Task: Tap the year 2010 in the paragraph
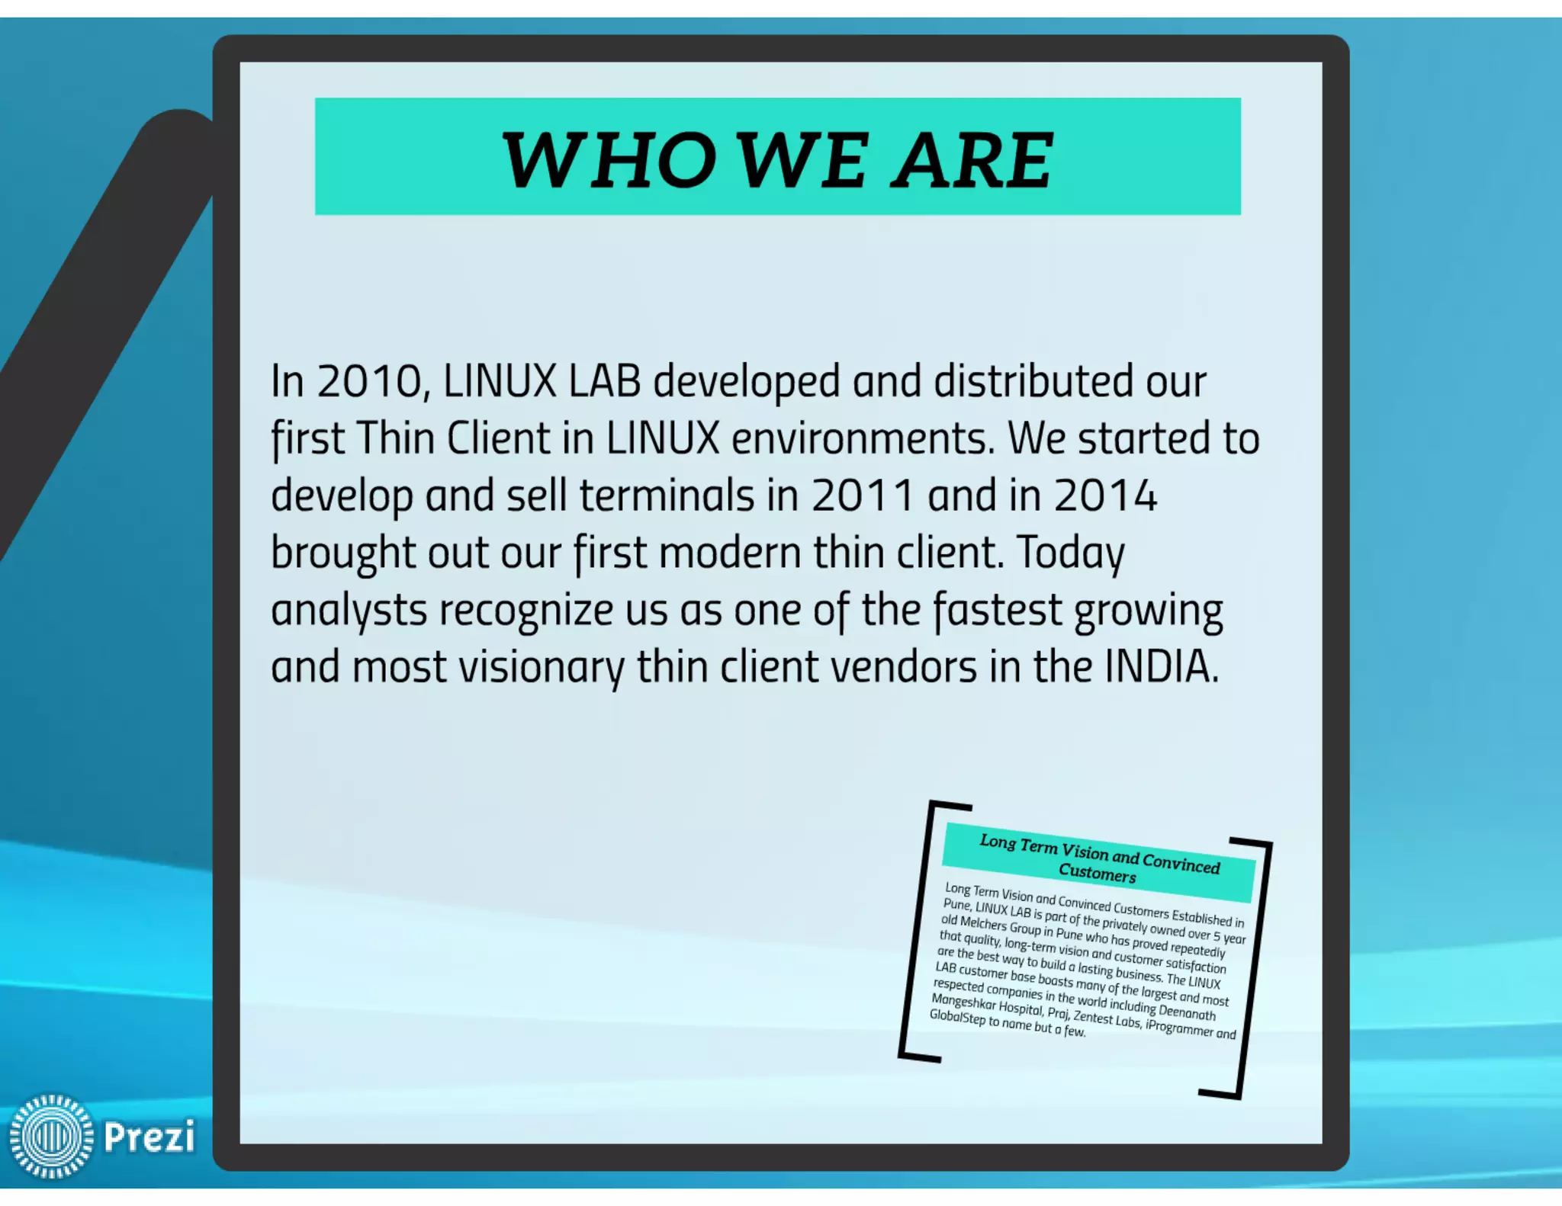point(369,381)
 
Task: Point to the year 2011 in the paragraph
point(862,496)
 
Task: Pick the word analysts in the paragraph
point(349,611)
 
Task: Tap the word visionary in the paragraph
point(541,668)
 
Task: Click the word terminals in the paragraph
point(667,496)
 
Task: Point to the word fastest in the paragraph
point(998,610)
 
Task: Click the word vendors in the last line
point(903,667)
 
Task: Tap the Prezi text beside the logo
point(149,1137)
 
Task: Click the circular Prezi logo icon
point(51,1136)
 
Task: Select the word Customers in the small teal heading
point(1097,872)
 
